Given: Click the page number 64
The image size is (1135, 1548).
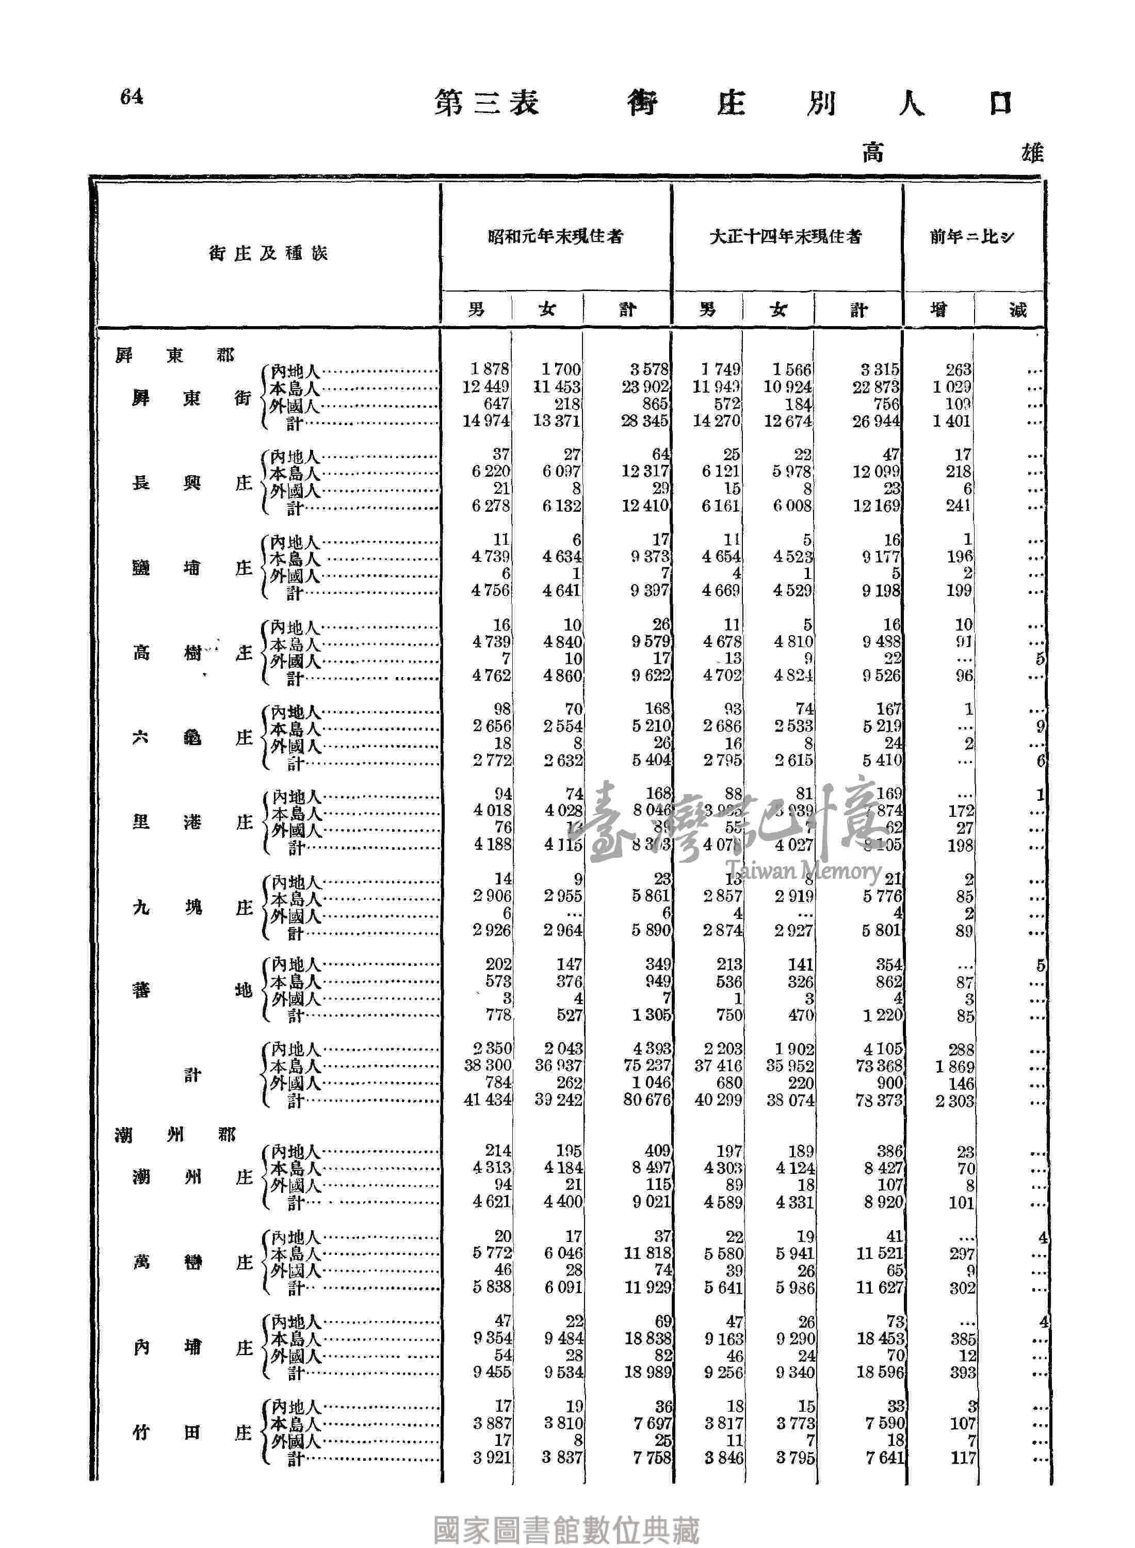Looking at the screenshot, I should [131, 97].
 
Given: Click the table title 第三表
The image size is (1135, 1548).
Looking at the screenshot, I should [487, 103].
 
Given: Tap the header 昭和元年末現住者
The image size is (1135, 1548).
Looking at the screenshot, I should [555, 236].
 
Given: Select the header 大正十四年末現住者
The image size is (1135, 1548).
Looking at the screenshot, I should [785, 236].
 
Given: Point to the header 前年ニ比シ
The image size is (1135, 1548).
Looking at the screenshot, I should [971, 236].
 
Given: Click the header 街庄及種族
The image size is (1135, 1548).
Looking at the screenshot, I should [268, 253].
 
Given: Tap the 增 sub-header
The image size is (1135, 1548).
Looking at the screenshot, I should [938, 310].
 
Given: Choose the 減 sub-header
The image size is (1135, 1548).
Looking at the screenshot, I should [1017, 310].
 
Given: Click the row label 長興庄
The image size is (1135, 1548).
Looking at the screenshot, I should [192, 483].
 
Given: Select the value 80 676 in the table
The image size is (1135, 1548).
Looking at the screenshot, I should [646, 1100].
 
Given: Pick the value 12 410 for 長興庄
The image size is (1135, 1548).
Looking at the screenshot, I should [646, 506].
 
